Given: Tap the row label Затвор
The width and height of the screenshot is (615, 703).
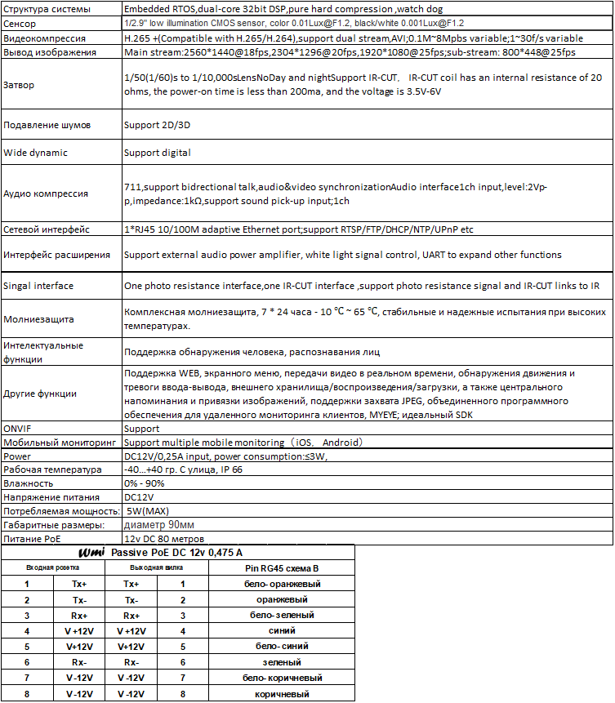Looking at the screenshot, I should pos(21,84).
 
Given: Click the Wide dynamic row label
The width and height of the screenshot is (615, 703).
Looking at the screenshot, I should pos(35,153).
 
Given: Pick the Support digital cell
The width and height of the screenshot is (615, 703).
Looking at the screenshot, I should pos(158,153).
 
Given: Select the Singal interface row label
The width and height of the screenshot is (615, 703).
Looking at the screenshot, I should pos(38,286).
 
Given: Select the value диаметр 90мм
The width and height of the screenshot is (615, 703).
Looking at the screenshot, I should pos(158,524).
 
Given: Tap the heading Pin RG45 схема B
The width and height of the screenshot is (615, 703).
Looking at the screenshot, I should pos(283,568).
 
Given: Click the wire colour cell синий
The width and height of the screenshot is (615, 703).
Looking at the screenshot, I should pos(283,631).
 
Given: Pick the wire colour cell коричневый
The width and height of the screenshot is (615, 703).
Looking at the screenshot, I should pos(283,694).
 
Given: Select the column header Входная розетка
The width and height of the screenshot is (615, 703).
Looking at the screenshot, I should pos(52,568).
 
